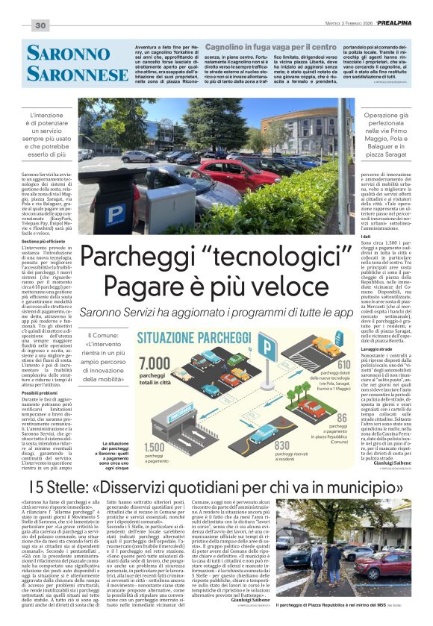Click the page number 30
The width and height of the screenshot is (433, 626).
[40, 26]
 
